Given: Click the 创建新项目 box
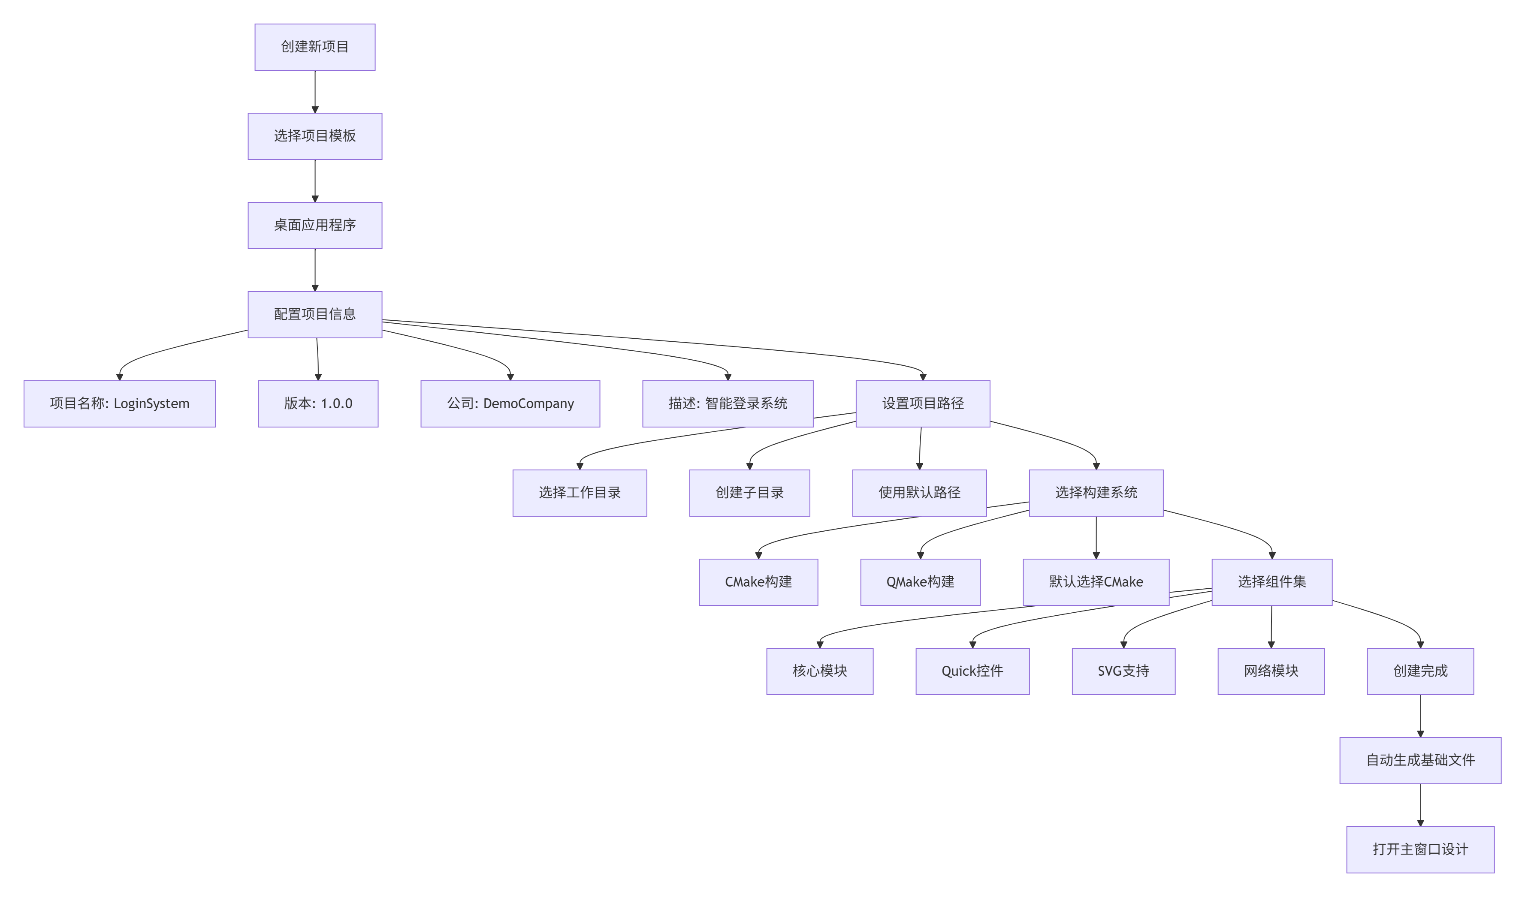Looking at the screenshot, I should (315, 47).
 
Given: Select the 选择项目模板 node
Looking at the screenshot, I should (315, 136).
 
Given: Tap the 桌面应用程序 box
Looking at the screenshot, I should (315, 225).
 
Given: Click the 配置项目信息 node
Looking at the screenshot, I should (315, 315).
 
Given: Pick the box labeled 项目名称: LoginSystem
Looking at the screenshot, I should (119, 403).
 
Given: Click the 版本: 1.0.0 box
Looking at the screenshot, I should (318, 403).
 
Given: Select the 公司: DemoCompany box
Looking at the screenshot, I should (510, 403).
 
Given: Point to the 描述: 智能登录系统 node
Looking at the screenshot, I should (728, 403).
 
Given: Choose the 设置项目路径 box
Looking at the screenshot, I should (922, 403).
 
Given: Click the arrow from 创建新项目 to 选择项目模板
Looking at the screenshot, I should (315, 91).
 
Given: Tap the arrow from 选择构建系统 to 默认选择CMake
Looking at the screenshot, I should (1096, 537).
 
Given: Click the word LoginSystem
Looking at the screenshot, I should (151, 404).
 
